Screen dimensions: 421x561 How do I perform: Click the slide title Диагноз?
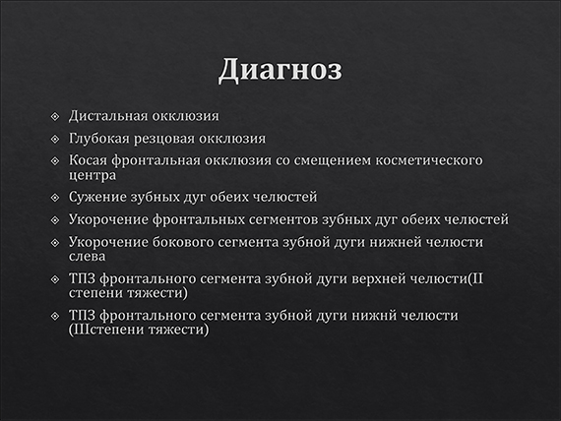coord(280,71)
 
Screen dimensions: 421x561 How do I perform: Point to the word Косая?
coord(90,160)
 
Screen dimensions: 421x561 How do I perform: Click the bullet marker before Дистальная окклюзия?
coord(55,117)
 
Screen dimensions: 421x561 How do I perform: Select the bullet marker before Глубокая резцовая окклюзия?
coord(55,139)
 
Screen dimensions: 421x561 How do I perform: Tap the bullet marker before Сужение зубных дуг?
coord(55,197)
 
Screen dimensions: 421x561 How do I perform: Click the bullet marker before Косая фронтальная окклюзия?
coord(55,160)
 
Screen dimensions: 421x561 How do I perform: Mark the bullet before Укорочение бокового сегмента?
coord(55,241)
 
